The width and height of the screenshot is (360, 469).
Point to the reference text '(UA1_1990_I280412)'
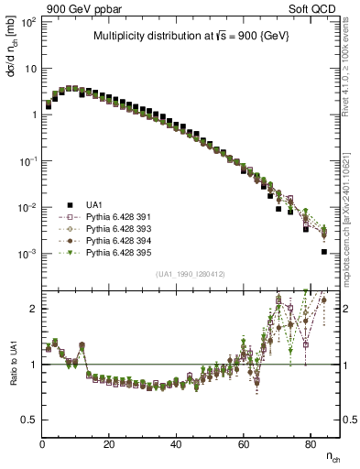click(x=191, y=274)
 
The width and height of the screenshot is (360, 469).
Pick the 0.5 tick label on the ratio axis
click(x=27, y=420)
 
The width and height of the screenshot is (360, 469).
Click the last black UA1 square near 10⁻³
click(x=324, y=251)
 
